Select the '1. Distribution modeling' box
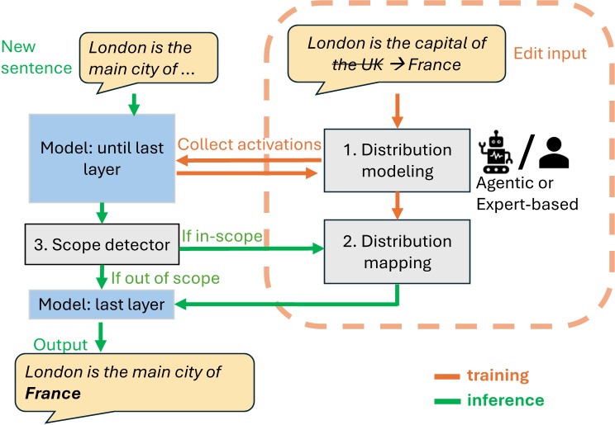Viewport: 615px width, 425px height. tap(400, 162)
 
